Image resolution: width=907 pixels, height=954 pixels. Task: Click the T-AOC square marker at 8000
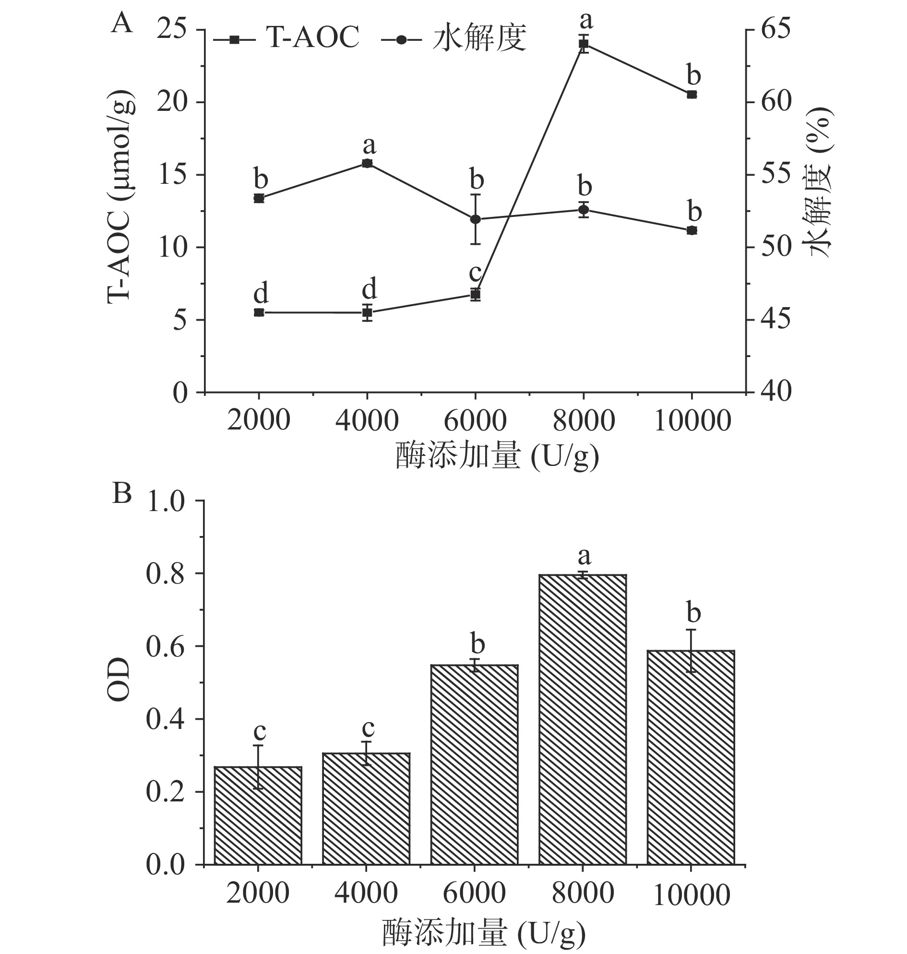(584, 44)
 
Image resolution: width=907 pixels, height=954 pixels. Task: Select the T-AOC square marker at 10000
(692, 94)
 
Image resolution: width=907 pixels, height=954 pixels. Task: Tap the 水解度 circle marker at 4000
(367, 164)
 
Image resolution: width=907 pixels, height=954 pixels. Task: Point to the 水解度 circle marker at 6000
(475, 219)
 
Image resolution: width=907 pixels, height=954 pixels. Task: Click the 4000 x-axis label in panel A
(367, 421)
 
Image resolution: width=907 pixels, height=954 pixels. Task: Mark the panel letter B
(121, 494)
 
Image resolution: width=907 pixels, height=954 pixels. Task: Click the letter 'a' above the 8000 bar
(585, 558)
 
